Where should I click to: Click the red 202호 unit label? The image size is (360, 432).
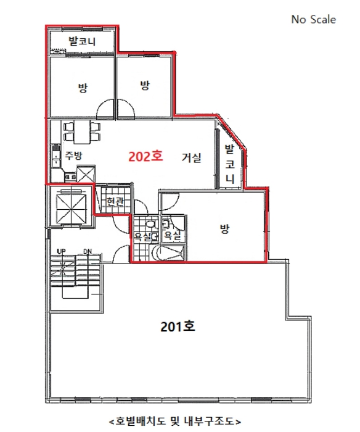click(x=145, y=156)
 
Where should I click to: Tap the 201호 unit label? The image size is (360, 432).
click(x=178, y=326)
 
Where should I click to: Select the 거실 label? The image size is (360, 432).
click(x=191, y=157)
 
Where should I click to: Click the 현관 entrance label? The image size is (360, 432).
click(x=115, y=202)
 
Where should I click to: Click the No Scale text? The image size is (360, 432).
click(x=313, y=19)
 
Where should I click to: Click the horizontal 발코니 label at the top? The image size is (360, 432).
click(x=81, y=42)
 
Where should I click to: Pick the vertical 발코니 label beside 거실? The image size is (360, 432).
click(x=229, y=163)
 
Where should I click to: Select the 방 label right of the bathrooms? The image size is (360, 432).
click(x=224, y=229)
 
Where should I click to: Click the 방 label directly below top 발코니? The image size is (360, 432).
click(x=82, y=87)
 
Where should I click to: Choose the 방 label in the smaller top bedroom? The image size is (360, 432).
click(x=145, y=85)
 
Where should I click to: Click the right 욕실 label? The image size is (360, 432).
click(x=172, y=235)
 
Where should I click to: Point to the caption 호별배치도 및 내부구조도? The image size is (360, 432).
click(x=174, y=422)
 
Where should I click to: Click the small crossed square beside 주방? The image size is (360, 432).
click(x=86, y=173)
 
